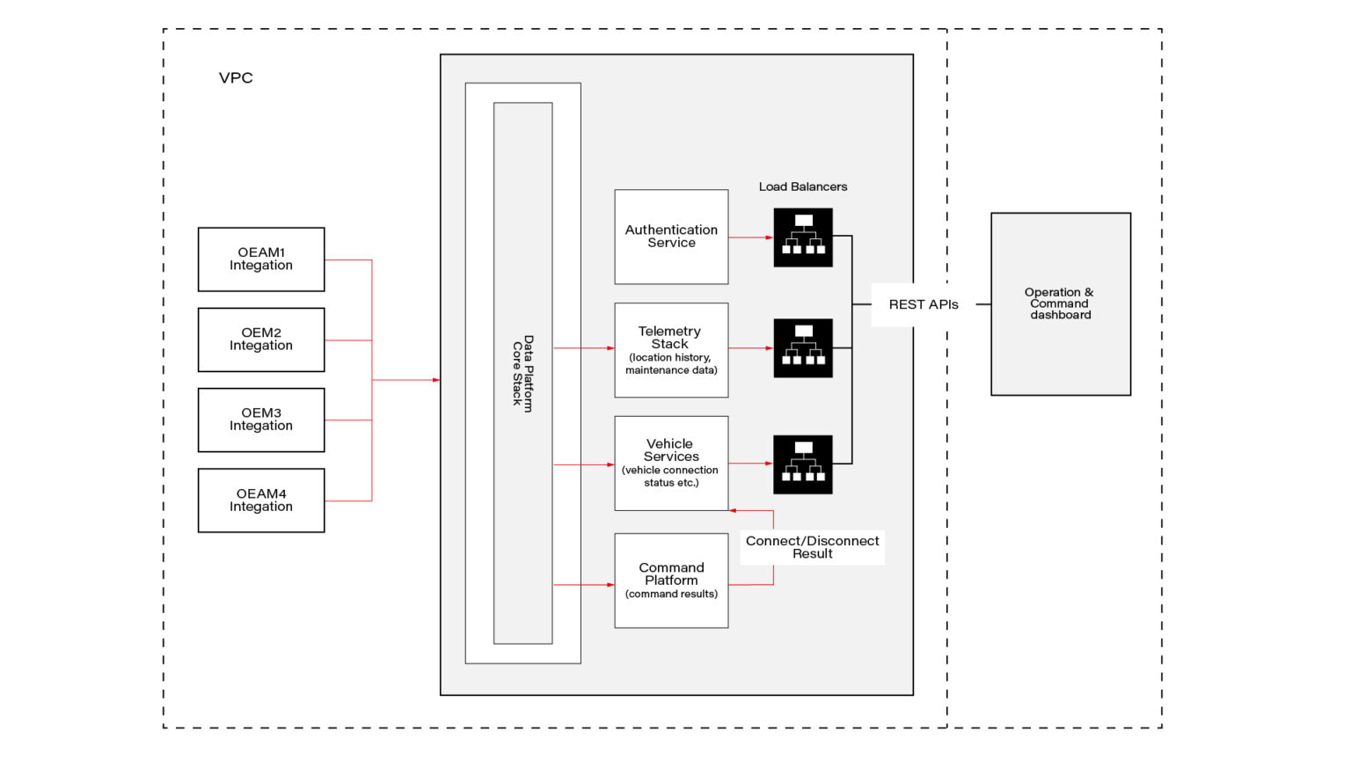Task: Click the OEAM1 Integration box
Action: pos(261,259)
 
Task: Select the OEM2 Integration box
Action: pos(261,340)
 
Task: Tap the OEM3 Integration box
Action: pos(261,420)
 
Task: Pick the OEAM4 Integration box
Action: pos(261,501)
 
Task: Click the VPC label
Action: pos(236,78)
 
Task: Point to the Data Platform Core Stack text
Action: pos(522,373)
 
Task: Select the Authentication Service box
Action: pos(671,237)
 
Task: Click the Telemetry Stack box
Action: pos(671,350)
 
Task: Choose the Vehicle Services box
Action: pos(671,464)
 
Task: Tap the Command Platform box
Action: pos(671,581)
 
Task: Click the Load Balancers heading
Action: pos(803,186)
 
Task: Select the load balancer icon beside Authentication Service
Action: pos(803,237)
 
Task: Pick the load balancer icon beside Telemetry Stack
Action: pos(803,348)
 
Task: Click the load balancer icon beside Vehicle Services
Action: pos(803,464)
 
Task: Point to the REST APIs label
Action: pos(924,304)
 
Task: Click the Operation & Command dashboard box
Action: pos(1061,303)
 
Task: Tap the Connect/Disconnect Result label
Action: pos(812,547)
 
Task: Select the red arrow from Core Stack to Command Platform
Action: pos(584,585)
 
